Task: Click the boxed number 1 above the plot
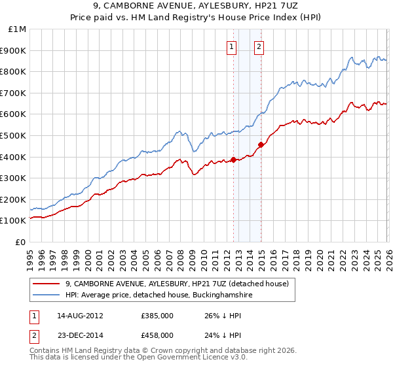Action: [232, 46]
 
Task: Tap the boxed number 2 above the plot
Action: [259, 46]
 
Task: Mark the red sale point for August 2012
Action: [233, 159]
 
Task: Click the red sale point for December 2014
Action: [261, 144]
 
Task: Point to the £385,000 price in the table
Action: [157, 316]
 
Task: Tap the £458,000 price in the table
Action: [157, 335]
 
